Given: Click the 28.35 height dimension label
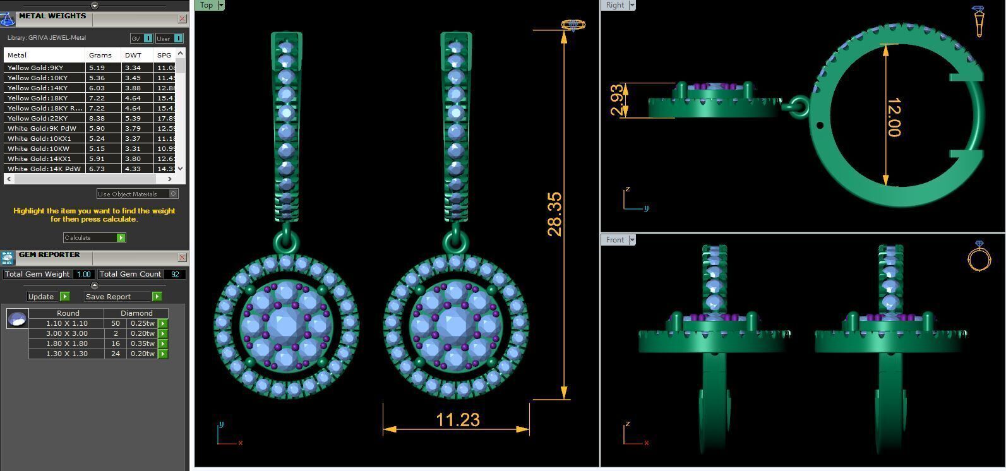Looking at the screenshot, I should point(554,215).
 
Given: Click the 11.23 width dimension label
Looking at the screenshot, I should point(457,420).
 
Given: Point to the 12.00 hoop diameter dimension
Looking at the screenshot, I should point(894,117).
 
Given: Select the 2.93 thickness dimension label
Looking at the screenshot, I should point(618,100).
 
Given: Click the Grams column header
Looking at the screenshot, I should point(100,55).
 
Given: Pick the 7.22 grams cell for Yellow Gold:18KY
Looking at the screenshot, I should point(97,98).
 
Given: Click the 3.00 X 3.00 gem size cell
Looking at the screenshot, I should point(66,333).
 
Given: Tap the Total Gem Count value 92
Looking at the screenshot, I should point(175,274).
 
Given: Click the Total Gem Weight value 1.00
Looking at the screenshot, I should point(83,274).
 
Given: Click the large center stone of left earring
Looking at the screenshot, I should point(285,325).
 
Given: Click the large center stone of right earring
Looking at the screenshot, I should point(455,325).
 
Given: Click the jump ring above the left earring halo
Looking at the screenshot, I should point(285,242).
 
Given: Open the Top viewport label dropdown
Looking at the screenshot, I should point(221,5).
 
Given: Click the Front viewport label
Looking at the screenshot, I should point(614,240).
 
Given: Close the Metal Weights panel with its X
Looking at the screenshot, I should point(182,19).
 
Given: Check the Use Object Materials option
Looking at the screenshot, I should point(174,194).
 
